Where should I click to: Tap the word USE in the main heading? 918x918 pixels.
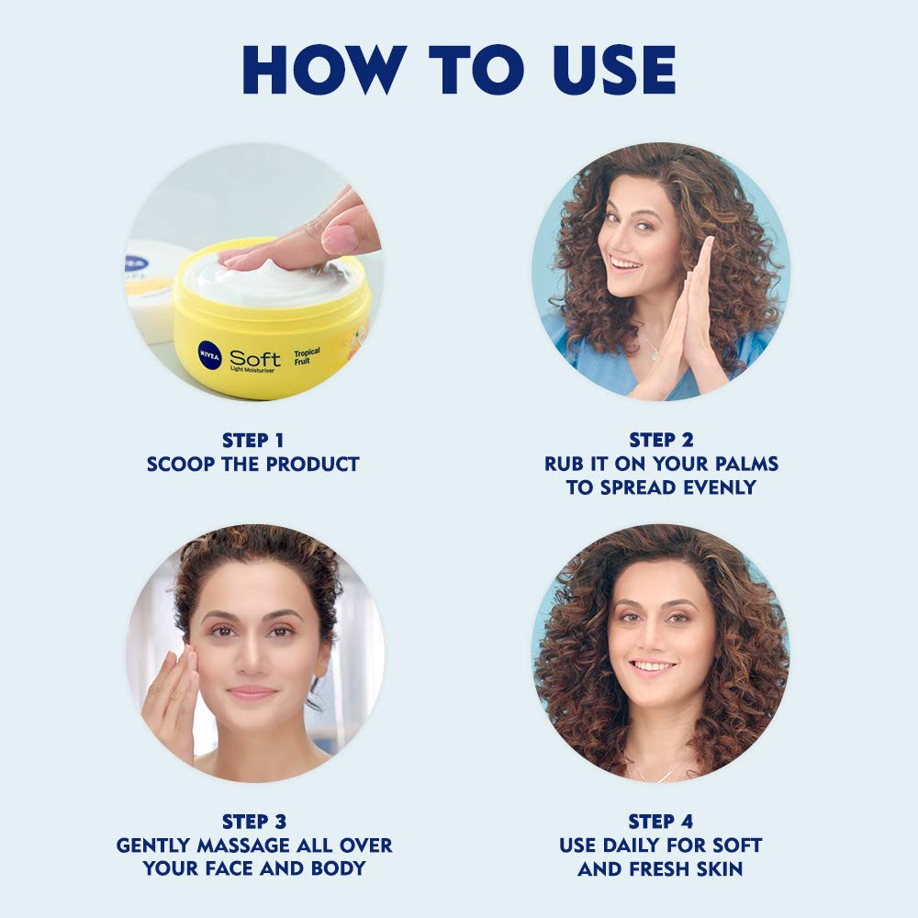click(x=614, y=69)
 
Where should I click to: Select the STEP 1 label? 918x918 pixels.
click(x=253, y=441)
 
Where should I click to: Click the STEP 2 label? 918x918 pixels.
click(x=661, y=441)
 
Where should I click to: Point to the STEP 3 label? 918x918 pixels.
click(x=254, y=822)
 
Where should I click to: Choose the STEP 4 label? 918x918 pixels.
click(x=660, y=822)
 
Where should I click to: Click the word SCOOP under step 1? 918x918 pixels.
click(x=180, y=465)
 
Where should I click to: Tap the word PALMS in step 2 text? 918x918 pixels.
click(x=746, y=464)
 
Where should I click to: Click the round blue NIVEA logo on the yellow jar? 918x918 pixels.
click(x=209, y=354)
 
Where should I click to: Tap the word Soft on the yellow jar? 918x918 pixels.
click(x=254, y=358)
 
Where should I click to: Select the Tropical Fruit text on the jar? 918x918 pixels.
click(x=307, y=356)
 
